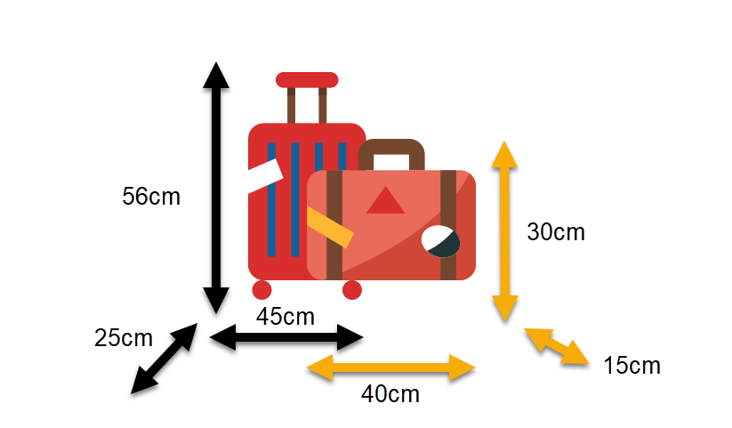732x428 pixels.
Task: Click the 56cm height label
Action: point(151,197)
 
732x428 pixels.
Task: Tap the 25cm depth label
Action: point(124,338)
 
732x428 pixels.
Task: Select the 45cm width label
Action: point(286,317)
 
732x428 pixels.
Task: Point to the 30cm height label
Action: point(556,232)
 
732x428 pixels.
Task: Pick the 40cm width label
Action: point(390,394)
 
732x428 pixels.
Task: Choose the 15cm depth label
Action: point(632,366)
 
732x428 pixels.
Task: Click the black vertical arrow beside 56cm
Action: point(216,188)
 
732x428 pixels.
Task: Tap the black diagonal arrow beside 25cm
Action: point(164,359)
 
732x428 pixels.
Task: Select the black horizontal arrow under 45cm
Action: point(286,337)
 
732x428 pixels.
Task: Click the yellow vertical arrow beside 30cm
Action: point(504,231)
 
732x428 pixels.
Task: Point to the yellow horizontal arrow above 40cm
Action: point(390,367)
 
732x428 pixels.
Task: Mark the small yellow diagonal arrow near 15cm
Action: point(557,346)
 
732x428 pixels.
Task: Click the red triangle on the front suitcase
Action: point(385,200)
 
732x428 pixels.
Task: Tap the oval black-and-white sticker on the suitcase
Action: point(440,241)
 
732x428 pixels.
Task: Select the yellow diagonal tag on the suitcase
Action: point(330,227)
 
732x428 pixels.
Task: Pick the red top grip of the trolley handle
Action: point(307,80)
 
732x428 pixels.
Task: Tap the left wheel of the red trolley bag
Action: point(261,290)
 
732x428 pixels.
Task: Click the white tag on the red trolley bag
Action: point(266,175)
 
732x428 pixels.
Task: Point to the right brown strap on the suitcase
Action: point(448,225)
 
